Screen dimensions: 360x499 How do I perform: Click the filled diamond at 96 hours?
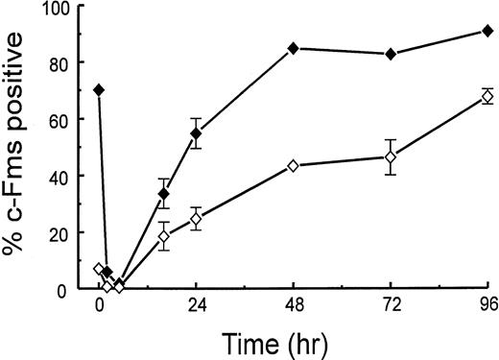pos(487,31)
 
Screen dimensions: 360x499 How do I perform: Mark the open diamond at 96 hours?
pos(487,97)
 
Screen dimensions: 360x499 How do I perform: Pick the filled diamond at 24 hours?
pos(196,133)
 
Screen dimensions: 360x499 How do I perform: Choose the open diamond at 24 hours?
pos(196,219)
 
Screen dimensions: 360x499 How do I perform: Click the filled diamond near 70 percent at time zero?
pos(99,90)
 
